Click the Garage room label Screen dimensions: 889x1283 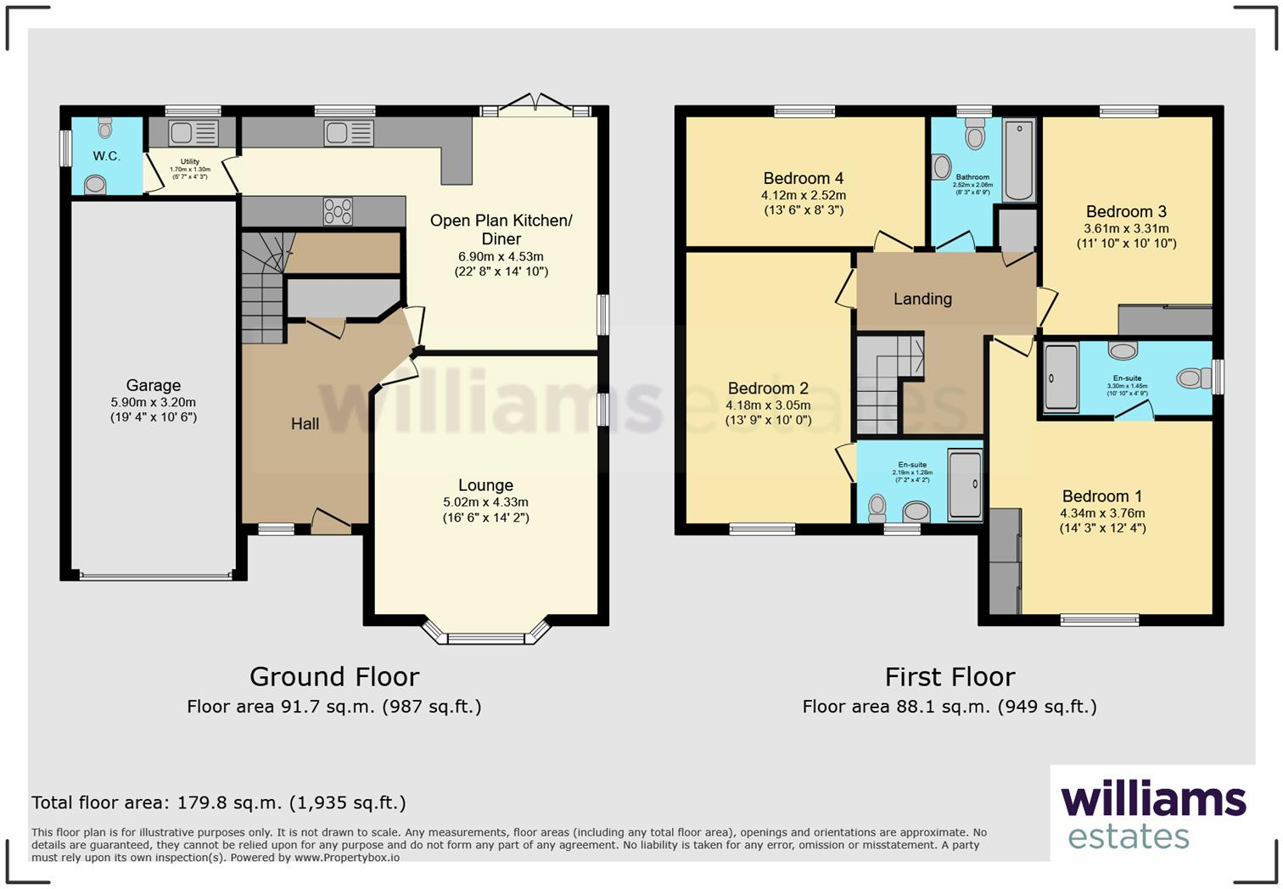154,385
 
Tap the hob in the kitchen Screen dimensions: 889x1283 338,211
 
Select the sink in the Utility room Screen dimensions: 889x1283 193,132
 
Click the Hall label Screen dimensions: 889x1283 305,423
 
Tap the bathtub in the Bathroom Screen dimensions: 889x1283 1018,159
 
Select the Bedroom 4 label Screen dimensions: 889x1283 803,178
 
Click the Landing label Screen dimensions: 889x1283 922,299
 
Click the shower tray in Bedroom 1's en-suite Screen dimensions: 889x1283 1060,377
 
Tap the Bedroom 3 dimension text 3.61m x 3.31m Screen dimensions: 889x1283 1126,228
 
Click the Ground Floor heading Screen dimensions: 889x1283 334,676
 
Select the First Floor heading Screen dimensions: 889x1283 950,676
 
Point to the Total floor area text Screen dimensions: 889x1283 218,802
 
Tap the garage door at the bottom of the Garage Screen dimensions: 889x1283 155,576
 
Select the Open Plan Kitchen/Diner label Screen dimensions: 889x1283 501,229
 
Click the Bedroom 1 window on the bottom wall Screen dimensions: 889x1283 1099,620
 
